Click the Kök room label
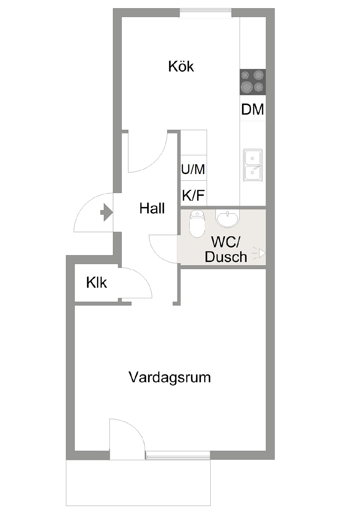click(181, 66)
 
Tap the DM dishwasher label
click(252, 109)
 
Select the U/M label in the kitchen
click(193, 169)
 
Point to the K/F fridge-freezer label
click(193, 195)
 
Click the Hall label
click(152, 208)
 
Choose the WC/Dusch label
click(226, 249)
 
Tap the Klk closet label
click(97, 283)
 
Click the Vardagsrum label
click(170, 377)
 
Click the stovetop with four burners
click(253, 82)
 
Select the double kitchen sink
click(253, 165)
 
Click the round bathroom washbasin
click(227, 218)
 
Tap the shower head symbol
click(260, 253)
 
